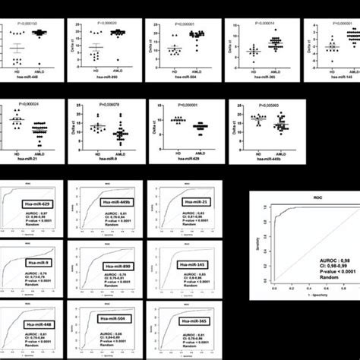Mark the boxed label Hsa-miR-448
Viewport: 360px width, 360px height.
pos(36,323)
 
